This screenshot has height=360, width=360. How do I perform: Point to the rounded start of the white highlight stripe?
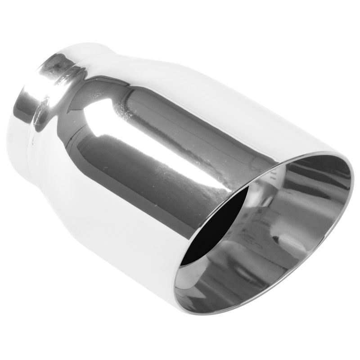[x=92, y=130]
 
